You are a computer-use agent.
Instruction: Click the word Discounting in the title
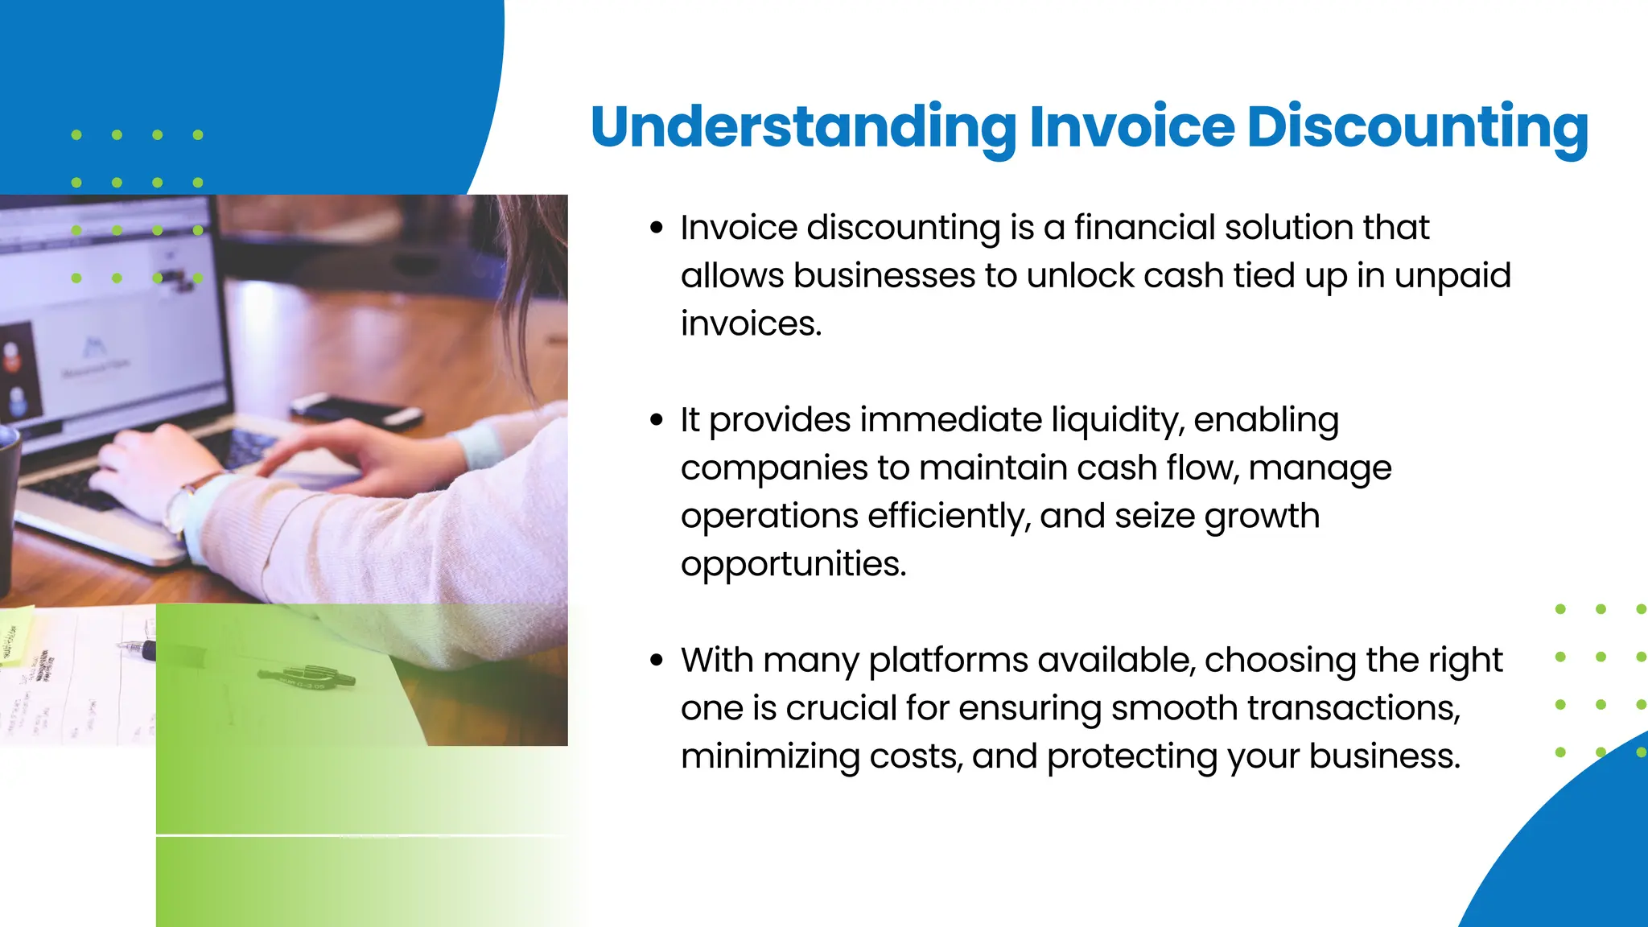pyautogui.click(x=1417, y=127)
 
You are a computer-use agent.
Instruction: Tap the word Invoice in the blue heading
pyautogui.click(x=1131, y=127)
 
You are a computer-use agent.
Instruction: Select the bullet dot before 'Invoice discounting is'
pyautogui.click(x=657, y=229)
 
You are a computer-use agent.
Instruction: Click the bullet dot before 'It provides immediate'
pyautogui.click(x=657, y=420)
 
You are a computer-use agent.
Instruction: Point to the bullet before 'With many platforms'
pyautogui.click(x=657, y=661)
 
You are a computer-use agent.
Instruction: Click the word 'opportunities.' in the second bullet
pyautogui.click(x=793, y=564)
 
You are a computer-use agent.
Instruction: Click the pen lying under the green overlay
pyautogui.click(x=307, y=677)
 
